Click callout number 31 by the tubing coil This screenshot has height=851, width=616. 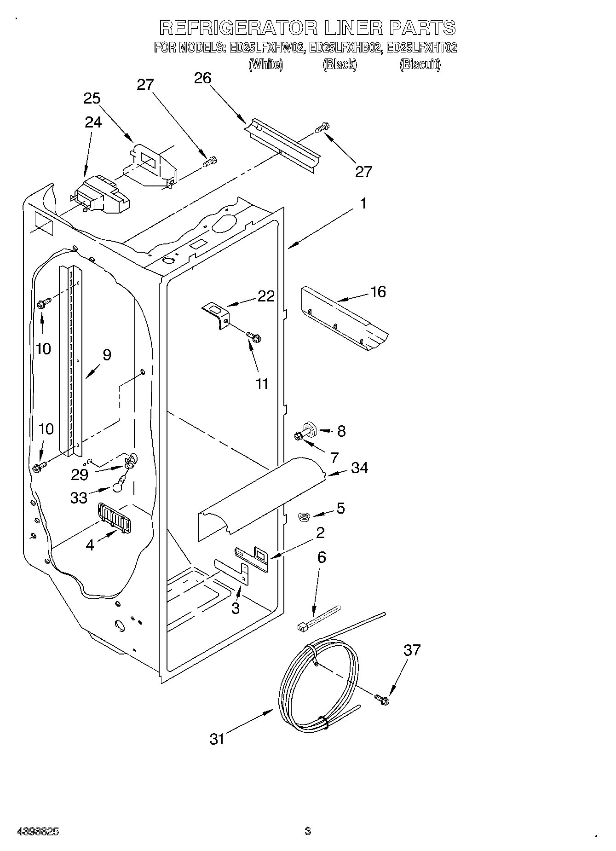pos(217,739)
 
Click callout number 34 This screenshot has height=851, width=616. pos(359,468)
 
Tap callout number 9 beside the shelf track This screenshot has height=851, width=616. pos(107,355)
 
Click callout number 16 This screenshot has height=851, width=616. pos(378,292)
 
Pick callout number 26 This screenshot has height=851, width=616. pos(202,78)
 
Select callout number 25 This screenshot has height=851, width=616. pos(92,98)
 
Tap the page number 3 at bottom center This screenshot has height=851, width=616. pos(308,831)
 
